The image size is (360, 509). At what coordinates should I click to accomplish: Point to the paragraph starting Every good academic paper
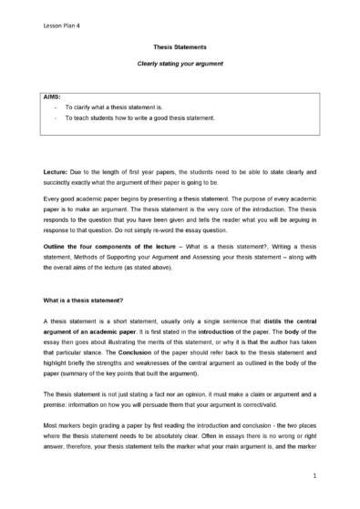pos(180,213)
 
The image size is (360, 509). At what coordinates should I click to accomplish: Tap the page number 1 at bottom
pos(313,475)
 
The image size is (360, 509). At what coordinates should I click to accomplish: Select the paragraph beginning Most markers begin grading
pos(180,433)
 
